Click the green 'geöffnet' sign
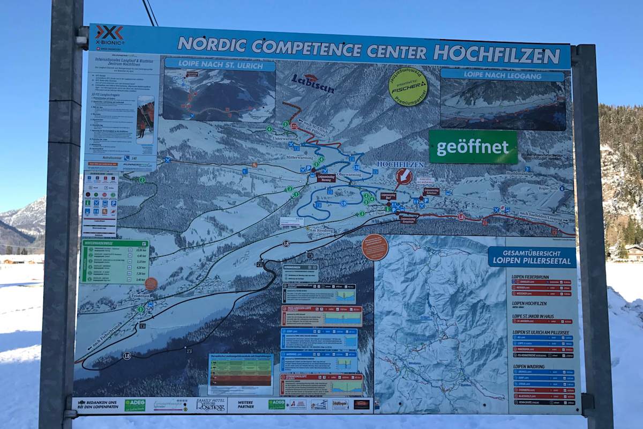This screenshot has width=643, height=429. coord(473,147)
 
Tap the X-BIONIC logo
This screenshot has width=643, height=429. coord(109,35)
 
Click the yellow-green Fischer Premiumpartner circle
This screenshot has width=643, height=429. coord(408,86)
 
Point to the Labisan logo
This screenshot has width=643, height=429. coord(312,83)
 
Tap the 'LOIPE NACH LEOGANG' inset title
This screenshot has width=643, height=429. coord(502,75)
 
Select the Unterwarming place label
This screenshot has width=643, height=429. coord(285,138)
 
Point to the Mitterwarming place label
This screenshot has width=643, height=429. coord(299,158)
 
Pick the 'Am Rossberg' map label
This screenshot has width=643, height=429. coord(321,230)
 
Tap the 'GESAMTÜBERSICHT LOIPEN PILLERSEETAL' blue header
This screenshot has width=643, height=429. coord(532,257)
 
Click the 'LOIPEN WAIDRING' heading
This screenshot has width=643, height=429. coord(529,366)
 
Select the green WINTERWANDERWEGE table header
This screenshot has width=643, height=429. coord(114,243)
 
